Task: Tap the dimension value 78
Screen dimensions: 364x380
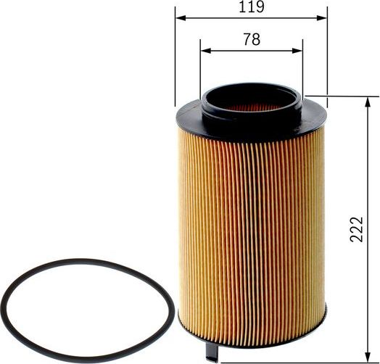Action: click(251, 39)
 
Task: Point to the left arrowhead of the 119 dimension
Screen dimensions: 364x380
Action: click(179, 17)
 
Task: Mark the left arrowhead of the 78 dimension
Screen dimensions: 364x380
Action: click(205, 50)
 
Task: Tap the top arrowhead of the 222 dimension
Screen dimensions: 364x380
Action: click(365, 99)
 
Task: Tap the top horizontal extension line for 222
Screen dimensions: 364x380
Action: click(341, 95)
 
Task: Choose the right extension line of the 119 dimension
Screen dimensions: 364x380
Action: click(327, 58)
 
